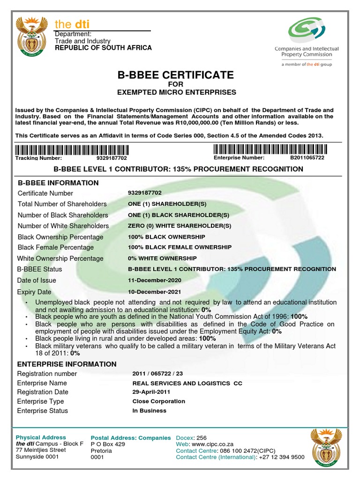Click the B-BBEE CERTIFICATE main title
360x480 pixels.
point(177,75)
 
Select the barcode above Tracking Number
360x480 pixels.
point(71,150)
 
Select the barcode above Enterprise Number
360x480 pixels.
point(269,150)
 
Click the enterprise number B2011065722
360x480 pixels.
point(307,158)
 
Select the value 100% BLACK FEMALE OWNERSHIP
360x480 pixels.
point(180,247)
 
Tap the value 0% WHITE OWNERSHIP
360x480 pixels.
point(162,258)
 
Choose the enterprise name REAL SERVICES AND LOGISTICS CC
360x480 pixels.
point(187,383)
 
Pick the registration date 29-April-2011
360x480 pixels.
point(151,392)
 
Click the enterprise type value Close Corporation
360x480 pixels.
point(159,401)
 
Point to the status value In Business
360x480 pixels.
point(150,411)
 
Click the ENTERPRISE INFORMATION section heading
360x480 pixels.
point(67,364)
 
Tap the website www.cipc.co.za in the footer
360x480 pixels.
point(212,444)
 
